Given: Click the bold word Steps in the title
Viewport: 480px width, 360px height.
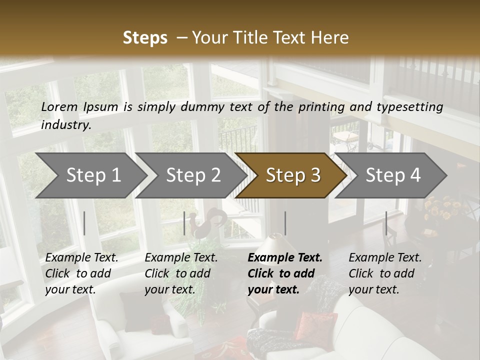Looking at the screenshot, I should pyautogui.click(x=145, y=38).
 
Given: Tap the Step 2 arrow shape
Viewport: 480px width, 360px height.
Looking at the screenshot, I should pyautogui.click(x=193, y=175).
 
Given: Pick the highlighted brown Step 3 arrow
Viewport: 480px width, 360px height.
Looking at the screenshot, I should pyautogui.click(x=293, y=175).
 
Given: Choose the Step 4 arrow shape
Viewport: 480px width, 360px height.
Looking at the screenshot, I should pyautogui.click(x=393, y=175).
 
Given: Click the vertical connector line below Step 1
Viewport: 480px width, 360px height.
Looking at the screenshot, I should pyautogui.click(x=84, y=223).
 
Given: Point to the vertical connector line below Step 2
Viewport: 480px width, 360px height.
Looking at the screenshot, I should pyautogui.click(x=184, y=223).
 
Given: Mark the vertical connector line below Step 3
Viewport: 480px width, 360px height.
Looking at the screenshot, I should pyautogui.click(x=285, y=223).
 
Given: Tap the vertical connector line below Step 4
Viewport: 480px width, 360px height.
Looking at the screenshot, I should pyautogui.click(x=386, y=223).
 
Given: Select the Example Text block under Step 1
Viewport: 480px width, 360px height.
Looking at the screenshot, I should pyautogui.click(x=81, y=273).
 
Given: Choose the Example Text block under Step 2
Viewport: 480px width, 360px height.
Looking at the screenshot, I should pyautogui.click(x=181, y=273).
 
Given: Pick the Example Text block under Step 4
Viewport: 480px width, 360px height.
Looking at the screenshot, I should pyautogui.click(x=385, y=273).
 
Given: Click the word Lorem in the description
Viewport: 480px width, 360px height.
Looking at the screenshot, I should pyautogui.click(x=59, y=106).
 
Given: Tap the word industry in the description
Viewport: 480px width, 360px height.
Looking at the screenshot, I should pyautogui.click(x=65, y=125).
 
